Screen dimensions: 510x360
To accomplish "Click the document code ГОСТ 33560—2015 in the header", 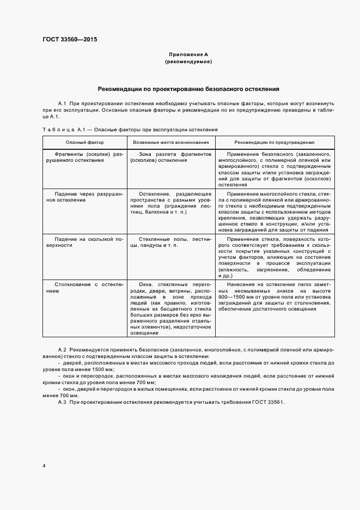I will (70, 40).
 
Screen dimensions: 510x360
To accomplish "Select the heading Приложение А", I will (188, 55).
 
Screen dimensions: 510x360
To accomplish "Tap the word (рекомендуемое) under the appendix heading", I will (188, 62).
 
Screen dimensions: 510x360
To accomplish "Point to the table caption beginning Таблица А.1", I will (130, 130).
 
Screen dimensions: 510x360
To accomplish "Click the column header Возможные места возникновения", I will (170, 142).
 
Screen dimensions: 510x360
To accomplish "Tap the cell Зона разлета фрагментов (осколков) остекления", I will (170, 157).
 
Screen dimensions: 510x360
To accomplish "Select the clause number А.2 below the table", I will (62, 348).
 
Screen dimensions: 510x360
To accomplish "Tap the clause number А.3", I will (62, 402).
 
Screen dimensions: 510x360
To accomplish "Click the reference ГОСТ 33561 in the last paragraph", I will (269, 402).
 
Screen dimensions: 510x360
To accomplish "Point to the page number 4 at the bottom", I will (44, 466).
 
